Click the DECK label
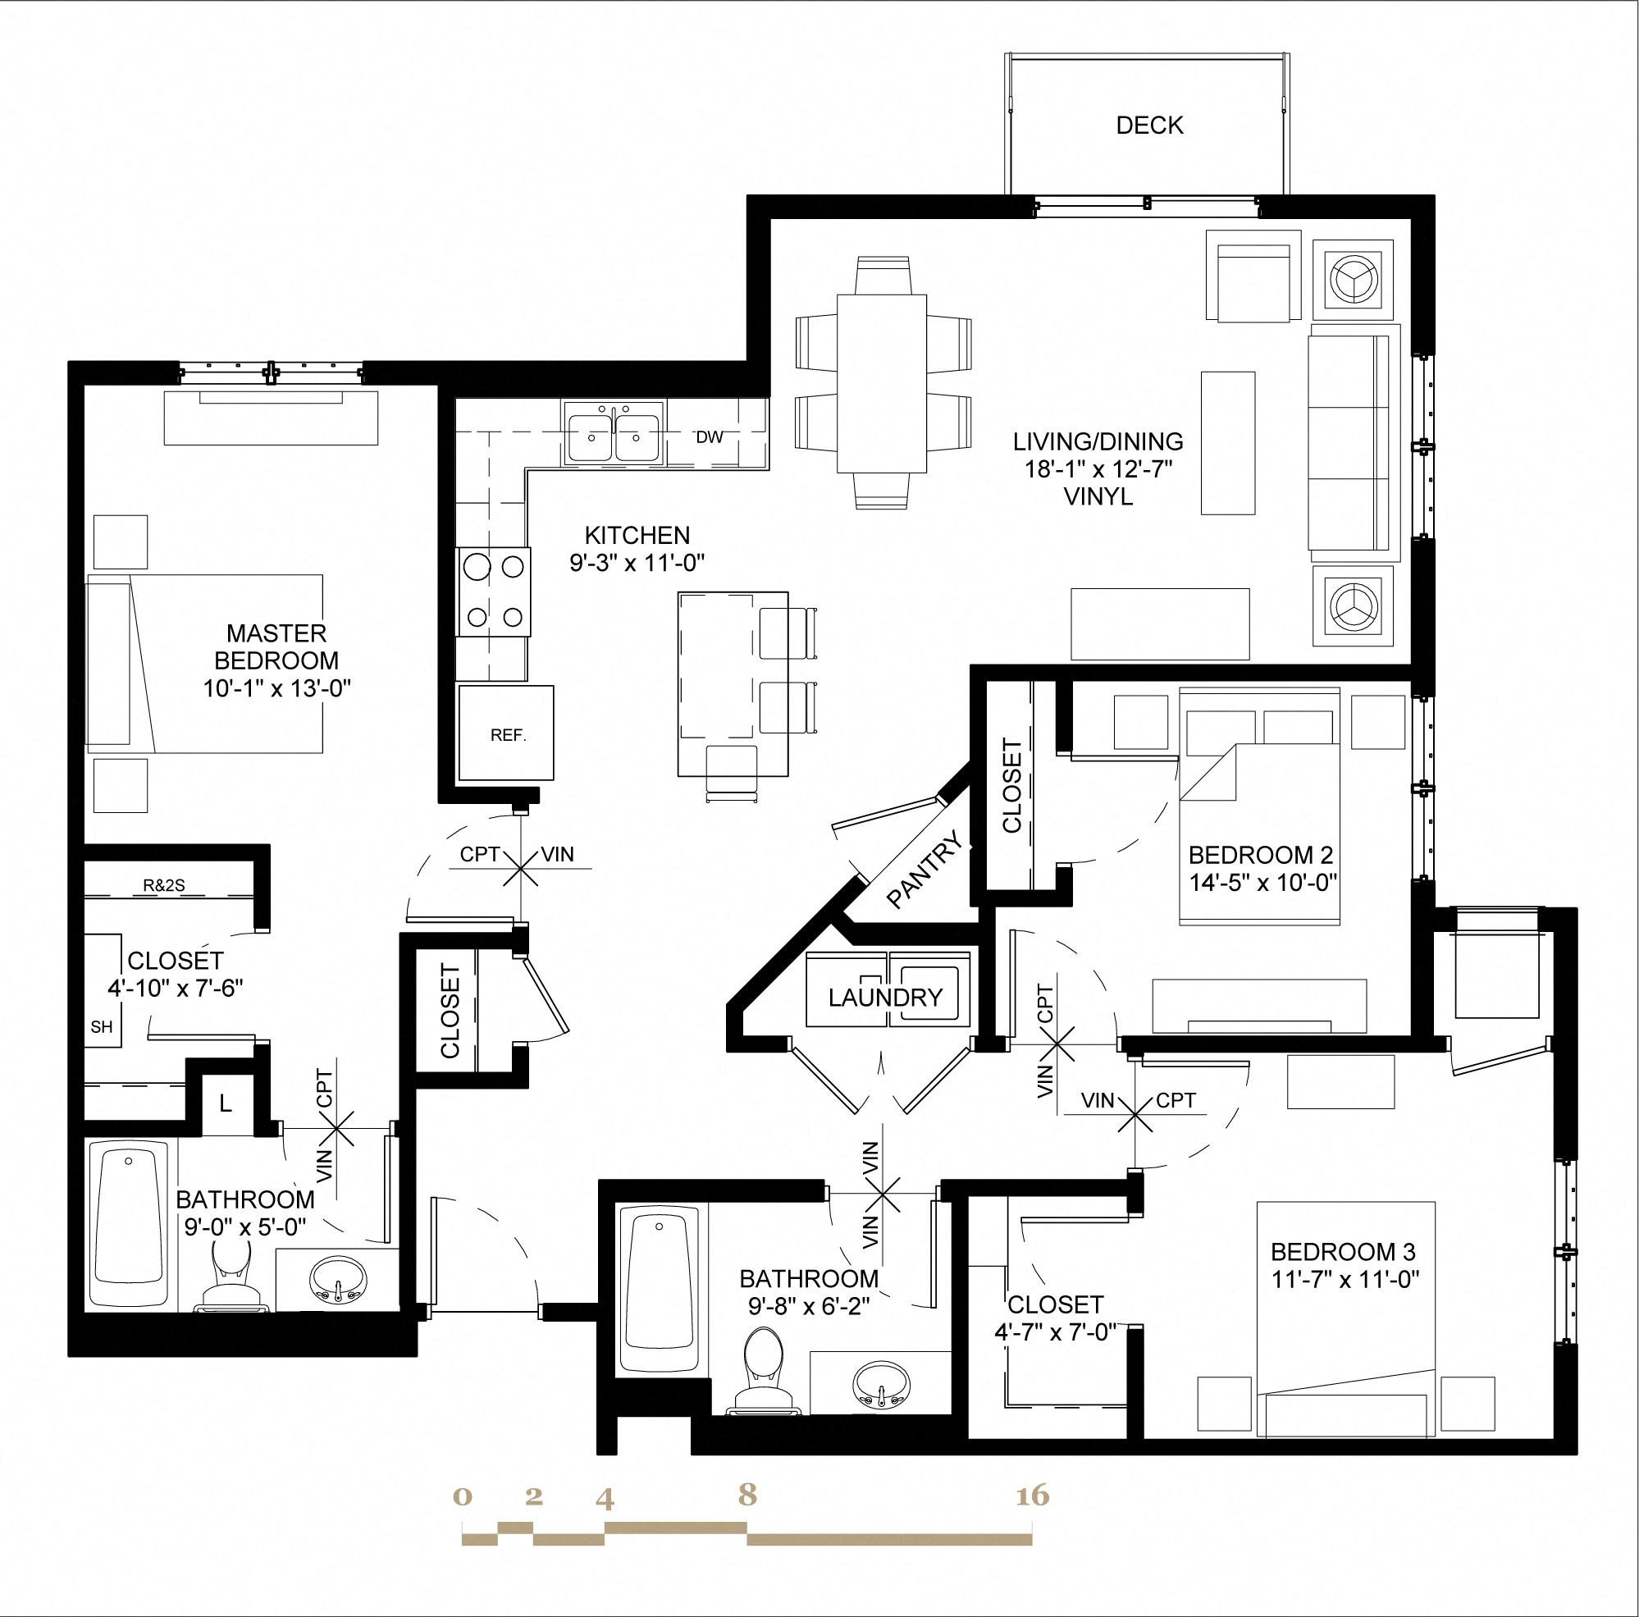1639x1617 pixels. [1149, 126]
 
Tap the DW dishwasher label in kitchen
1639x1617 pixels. [710, 437]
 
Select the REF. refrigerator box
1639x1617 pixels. [506, 733]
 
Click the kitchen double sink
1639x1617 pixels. [614, 435]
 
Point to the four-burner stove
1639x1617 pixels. [495, 592]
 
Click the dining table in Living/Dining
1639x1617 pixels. [881, 382]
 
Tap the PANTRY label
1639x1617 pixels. [925, 870]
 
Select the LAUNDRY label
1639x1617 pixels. [886, 998]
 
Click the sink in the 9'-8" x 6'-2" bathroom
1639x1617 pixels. [879, 1385]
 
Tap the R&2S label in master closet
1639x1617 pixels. [164, 886]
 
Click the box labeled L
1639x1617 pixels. [226, 1103]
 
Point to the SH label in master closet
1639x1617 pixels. [102, 1027]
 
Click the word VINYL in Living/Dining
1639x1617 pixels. [1098, 496]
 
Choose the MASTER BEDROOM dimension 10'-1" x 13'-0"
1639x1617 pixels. [276, 688]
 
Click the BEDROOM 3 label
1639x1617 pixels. [1343, 1252]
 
